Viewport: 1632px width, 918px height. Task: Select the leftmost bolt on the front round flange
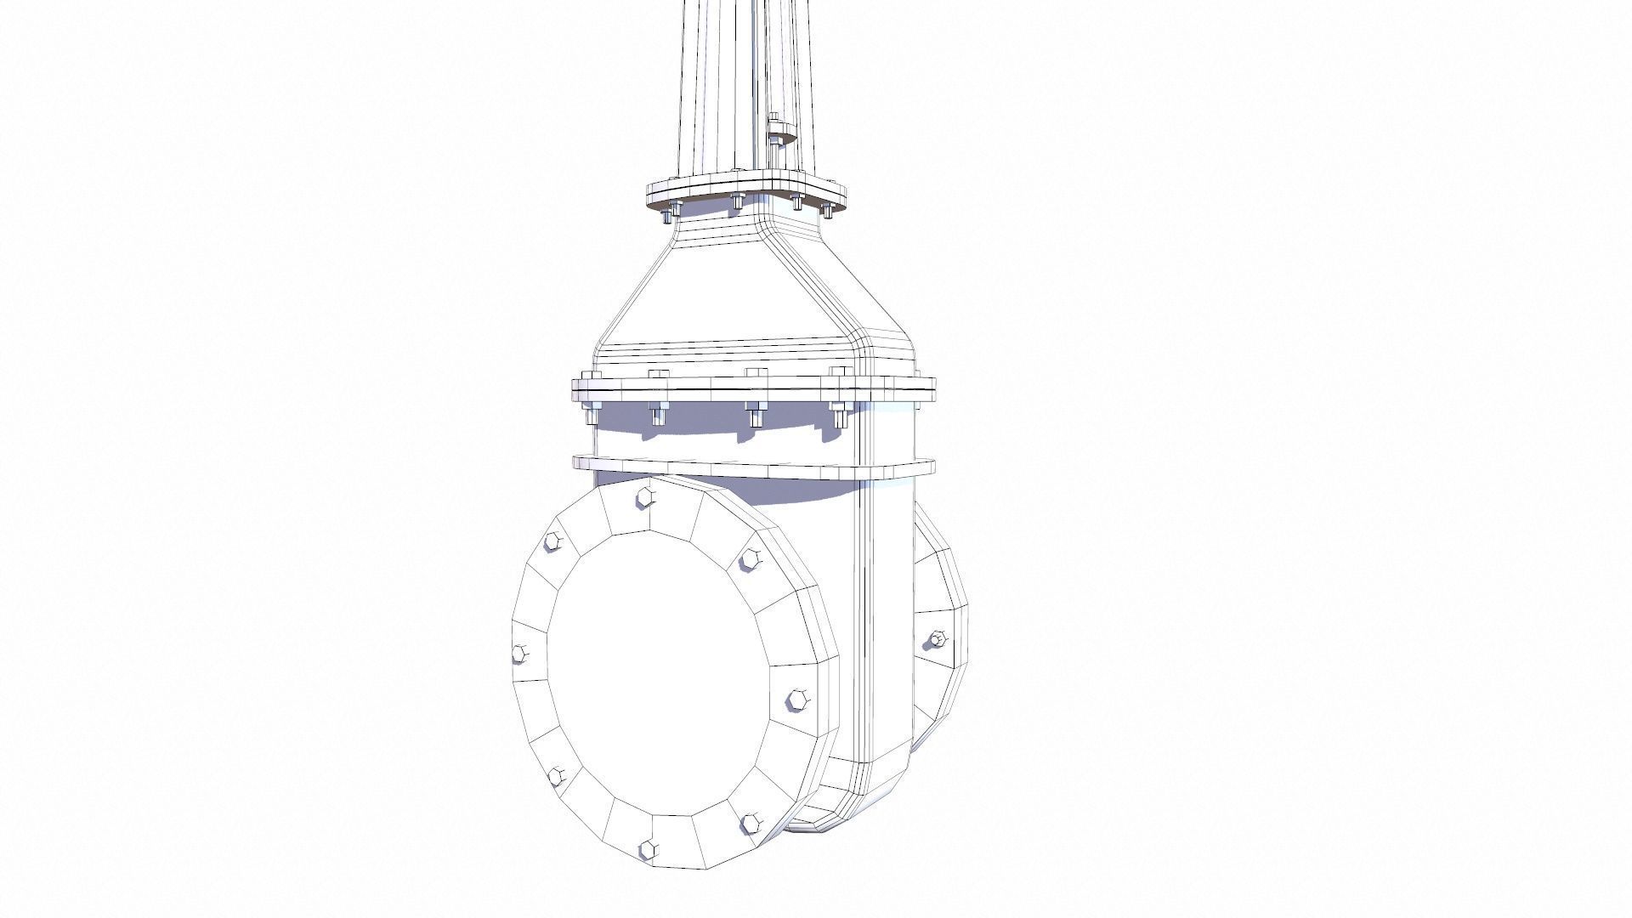coord(520,653)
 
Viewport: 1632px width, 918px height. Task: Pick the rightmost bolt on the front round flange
coord(796,700)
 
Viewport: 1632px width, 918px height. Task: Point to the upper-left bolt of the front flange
coord(552,541)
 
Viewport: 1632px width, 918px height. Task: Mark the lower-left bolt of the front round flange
coord(558,775)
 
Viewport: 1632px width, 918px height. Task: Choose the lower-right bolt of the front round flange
coord(751,822)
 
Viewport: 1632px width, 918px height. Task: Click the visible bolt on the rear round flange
coord(937,638)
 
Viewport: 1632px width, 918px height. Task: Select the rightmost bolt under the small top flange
coord(825,209)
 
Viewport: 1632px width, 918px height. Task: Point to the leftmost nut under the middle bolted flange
coord(589,414)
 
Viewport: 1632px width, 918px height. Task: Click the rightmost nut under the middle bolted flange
coord(838,416)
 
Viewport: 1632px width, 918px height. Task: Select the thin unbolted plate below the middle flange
coord(753,467)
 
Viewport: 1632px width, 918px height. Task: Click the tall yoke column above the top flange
coord(722,85)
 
